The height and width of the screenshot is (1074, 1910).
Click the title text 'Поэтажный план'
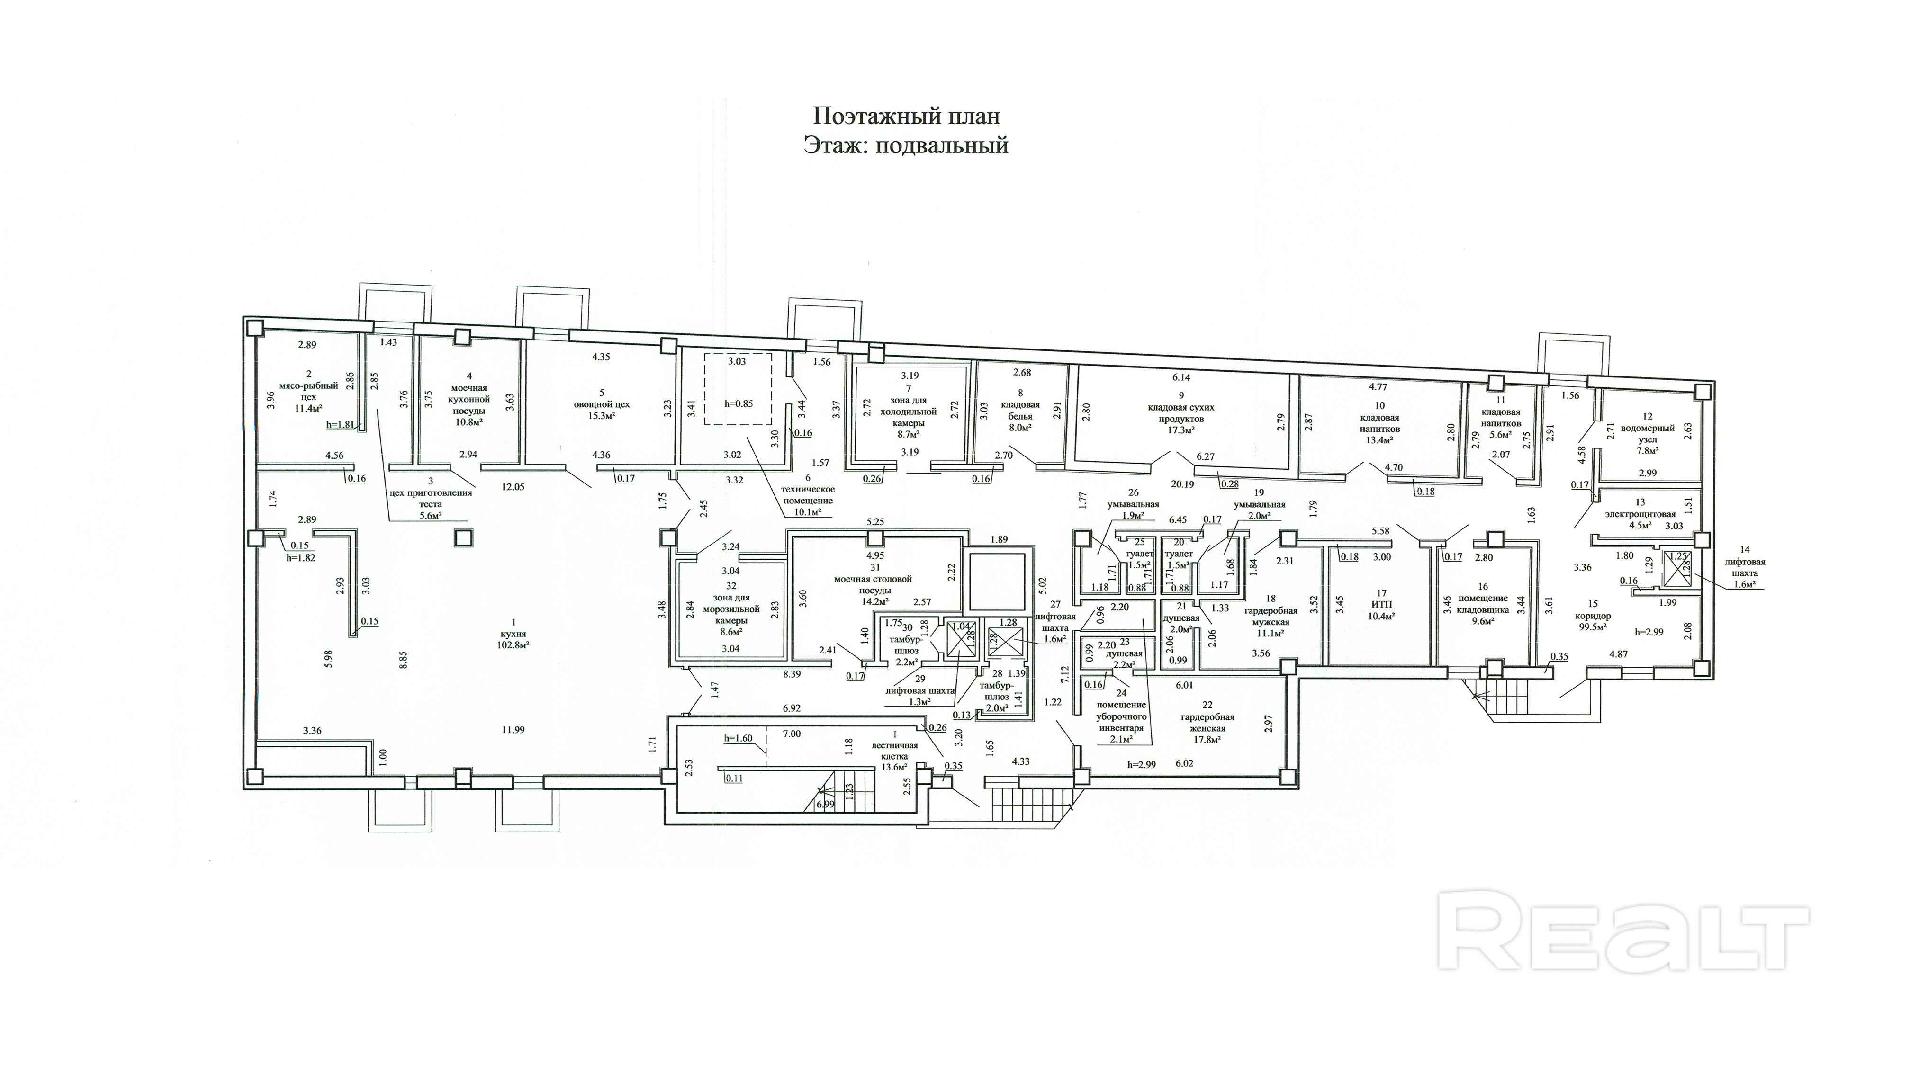click(906, 116)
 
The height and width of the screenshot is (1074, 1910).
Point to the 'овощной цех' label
click(601, 405)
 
